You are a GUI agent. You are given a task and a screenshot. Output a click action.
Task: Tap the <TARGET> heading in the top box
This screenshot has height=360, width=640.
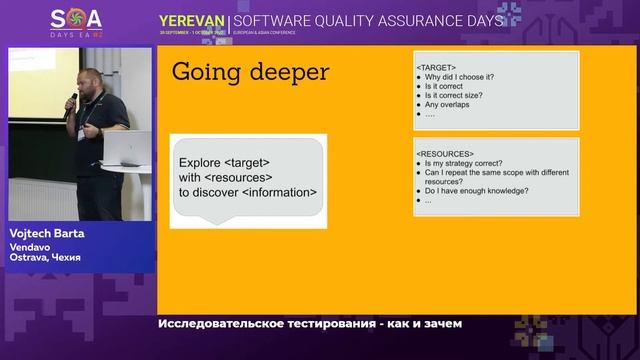click(x=439, y=66)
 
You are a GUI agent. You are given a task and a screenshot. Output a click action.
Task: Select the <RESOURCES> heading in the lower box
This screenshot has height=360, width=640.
click(x=445, y=154)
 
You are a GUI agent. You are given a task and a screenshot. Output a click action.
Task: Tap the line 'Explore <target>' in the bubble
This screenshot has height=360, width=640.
click(x=224, y=162)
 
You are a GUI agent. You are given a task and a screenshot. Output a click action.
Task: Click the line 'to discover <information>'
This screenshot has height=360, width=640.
click(x=248, y=192)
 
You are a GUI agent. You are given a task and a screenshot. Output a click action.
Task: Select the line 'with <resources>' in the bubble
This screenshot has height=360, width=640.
click(x=226, y=177)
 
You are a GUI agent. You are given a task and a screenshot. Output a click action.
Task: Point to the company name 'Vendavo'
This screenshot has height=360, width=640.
click(x=31, y=246)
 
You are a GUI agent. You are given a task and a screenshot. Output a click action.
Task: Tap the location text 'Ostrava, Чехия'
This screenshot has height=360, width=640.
click(x=46, y=258)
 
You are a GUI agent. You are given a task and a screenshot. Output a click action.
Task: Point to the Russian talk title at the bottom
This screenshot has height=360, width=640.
click(x=309, y=324)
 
